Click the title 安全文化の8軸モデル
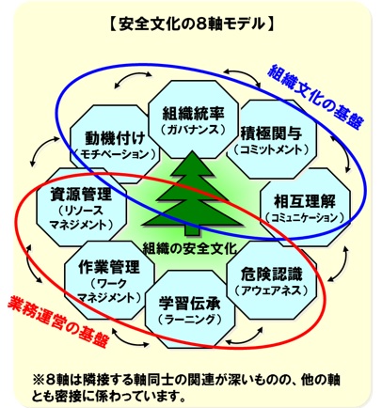pos(192,24)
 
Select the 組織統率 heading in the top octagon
pos(193,114)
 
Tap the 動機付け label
pos(115,138)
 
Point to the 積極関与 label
pos(271,133)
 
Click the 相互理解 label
pos(305,201)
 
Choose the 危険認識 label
pos(272,275)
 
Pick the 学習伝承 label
pos(190,304)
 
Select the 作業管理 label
pos(109,267)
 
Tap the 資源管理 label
pos(81,195)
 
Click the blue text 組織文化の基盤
pos(316,97)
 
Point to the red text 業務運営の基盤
pos(58,322)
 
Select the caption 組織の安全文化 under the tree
pos(189,249)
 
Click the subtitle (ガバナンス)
pos(194,130)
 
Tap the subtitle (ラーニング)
pos(190,320)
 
